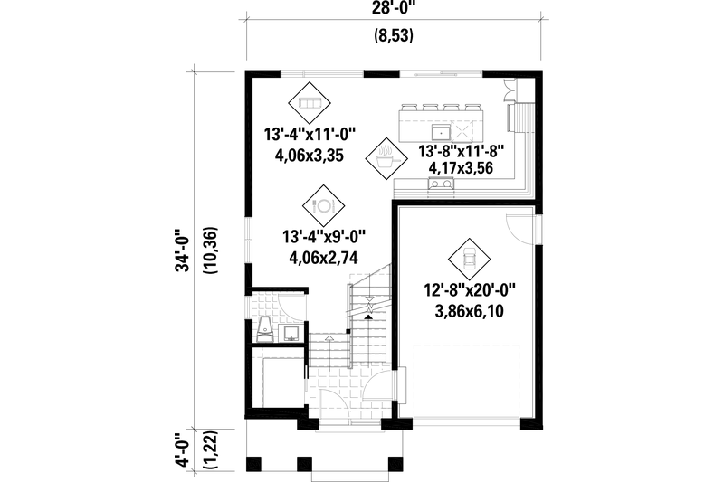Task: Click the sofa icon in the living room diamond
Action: [310, 103]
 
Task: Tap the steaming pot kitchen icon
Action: [386, 158]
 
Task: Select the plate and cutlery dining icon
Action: [323, 205]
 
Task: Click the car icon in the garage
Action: [470, 260]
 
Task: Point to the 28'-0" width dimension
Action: [394, 8]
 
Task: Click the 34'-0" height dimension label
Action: [184, 251]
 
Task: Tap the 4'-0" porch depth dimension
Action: [184, 449]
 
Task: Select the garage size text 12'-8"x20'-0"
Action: [470, 290]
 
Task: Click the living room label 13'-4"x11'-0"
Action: [310, 135]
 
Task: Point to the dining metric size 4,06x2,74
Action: [323, 258]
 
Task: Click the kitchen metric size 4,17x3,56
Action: [461, 168]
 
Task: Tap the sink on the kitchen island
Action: [441, 132]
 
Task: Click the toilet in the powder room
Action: [265, 330]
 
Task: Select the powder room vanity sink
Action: [291, 333]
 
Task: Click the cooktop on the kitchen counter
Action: [441, 184]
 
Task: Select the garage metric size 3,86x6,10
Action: [470, 312]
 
